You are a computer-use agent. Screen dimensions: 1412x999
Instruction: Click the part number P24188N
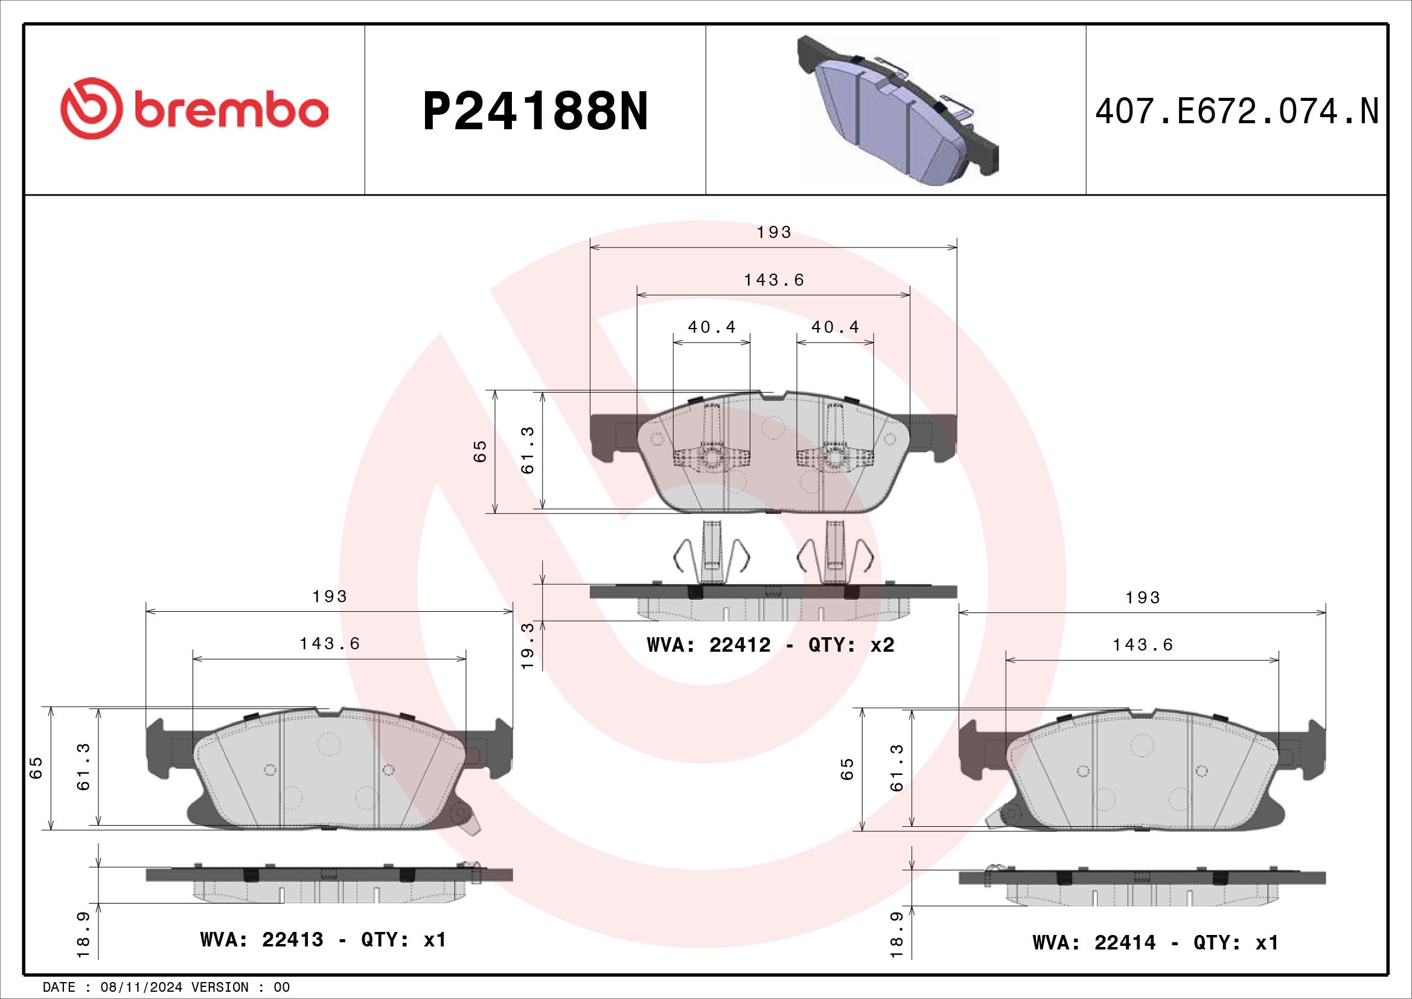[x=535, y=111]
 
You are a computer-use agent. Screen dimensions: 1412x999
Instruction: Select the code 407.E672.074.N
[x=1237, y=111]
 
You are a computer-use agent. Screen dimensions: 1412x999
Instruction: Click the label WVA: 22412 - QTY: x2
[x=770, y=644]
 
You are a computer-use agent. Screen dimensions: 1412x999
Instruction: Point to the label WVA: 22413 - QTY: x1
[x=324, y=939]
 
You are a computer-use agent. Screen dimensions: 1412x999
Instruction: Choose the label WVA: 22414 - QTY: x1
[x=1155, y=942]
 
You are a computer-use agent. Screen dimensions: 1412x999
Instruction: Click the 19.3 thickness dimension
[x=528, y=645]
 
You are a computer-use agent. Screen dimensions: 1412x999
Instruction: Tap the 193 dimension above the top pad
[x=774, y=232]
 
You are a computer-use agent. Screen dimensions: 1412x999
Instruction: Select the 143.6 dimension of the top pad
[x=775, y=280]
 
